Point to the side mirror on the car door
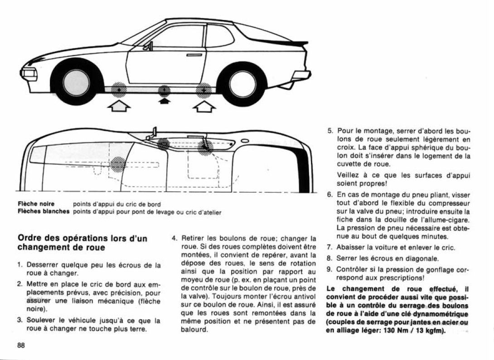click(x=148, y=45)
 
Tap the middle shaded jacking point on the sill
click(x=163, y=90)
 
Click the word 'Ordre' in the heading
click(x=29, y=238)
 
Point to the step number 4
click(x=174, y=238)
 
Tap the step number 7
click(x=329, y=248)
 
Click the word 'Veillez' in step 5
click(x=349, y=175)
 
